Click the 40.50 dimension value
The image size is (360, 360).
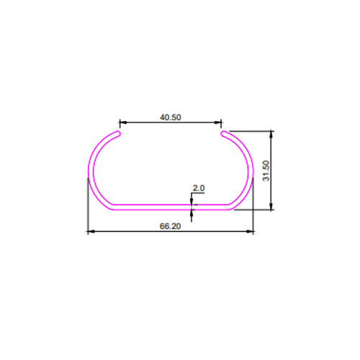coord(171,117)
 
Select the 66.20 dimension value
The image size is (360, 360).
coord(170,226)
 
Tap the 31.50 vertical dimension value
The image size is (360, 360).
coord(266,171)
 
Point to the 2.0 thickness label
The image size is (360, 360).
coord(199,188)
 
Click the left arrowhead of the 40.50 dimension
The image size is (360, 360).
coord(123,122)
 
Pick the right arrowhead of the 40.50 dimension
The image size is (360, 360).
coord(217,122)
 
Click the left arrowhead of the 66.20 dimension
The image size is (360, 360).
coord(91,232)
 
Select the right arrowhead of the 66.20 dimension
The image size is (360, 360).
coord(250,232)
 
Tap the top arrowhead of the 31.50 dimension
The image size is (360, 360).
coord(271,135)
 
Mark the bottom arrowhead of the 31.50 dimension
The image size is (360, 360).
coord(271,206)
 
